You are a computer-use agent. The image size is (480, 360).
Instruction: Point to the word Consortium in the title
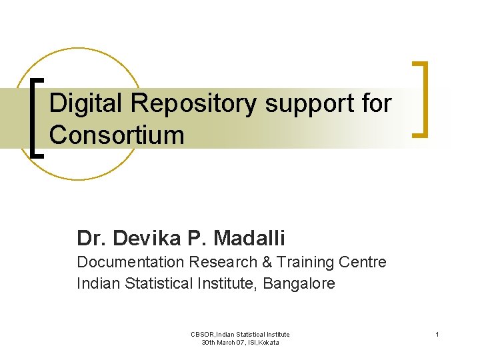coord(117,135)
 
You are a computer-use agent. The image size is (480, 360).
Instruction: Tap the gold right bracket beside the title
coord(421,99)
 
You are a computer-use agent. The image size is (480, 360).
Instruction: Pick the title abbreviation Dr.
coord(91,237)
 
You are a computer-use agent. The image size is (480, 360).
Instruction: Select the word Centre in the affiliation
coord(363,262)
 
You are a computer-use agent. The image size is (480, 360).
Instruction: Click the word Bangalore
coord(299,284)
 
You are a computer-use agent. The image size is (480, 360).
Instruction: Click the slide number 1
coord(437,334)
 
